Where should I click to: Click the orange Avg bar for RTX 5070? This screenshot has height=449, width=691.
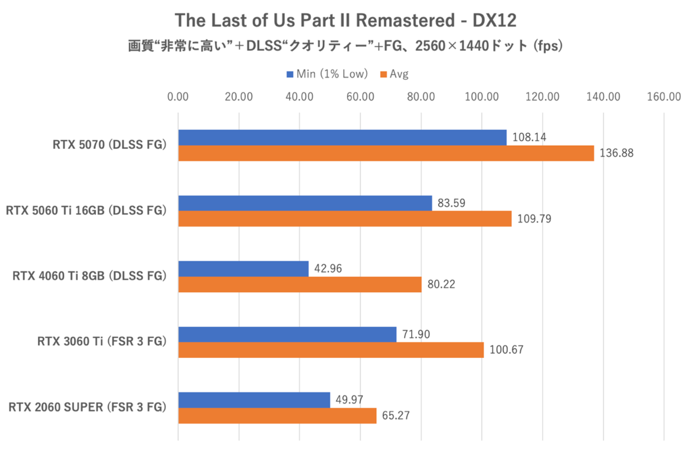(386, 153)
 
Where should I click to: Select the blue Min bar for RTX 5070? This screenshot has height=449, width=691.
(342, 137)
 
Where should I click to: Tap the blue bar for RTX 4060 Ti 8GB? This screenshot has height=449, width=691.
(243, 269)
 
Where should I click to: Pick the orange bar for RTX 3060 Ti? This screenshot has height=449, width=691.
(331, 350)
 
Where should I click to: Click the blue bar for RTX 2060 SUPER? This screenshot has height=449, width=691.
(254, 399)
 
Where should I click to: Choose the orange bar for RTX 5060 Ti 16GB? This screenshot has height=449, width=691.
(344, 219)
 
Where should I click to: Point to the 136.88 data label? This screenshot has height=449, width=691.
(616, 154)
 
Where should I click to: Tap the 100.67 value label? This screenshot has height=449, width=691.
(506, 350)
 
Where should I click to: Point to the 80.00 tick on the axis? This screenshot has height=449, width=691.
(421, 97)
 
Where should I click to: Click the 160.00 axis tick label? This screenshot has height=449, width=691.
(664, 97)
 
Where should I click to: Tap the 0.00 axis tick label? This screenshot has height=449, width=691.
(178, 97)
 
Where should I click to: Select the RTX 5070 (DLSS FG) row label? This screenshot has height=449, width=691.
(109, 145)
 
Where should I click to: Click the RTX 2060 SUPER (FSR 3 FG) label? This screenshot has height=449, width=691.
(88, 408)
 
